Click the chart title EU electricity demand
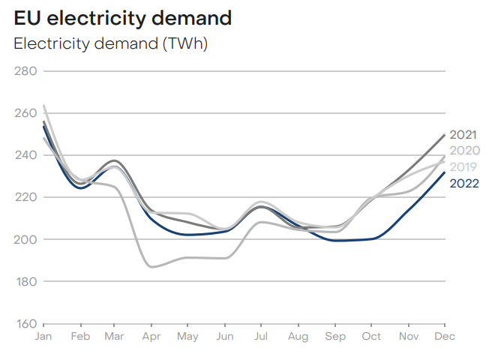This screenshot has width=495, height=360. [x=123, y=18]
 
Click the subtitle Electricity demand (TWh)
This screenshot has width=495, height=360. [x=111, y=43]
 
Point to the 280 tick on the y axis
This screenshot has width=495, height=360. [x=25, y=71]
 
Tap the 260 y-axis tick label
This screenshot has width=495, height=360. [x=25, y=113]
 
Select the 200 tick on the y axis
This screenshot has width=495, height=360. [x=25, y=239]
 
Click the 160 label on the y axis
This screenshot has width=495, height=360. [x=25, y=323]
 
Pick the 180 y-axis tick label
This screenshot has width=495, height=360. [x=25, y=281]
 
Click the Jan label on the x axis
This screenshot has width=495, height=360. [x=44, y=337]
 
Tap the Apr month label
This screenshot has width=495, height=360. [x=152, y=337]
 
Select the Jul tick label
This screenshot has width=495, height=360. [x=260, y=337]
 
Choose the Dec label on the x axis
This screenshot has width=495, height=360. [x=445, y=337]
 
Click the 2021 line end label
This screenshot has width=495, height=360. [x=464, y=135]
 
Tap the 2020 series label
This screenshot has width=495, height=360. [x=464, y=151]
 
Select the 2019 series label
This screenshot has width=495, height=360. [x=464, y=166]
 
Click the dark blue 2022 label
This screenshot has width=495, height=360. [x=464, y=182]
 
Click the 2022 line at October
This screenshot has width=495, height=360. [x=373, y=238]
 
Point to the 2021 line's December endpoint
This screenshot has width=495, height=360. [x=445, y=135]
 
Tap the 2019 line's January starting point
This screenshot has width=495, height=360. [x=44, y=106]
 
